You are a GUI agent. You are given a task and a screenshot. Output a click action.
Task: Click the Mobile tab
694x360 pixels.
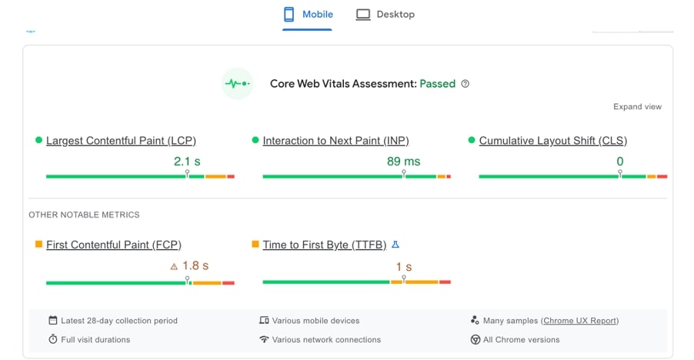(308, 15)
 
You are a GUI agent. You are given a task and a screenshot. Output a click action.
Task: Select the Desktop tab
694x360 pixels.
(385, 15)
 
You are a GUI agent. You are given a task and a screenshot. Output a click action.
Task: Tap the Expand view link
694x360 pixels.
(637, 107)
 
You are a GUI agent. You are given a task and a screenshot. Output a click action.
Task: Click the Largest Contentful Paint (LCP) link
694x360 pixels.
(121, 141)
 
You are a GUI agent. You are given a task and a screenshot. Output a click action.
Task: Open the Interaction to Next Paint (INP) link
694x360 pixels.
(335, 141)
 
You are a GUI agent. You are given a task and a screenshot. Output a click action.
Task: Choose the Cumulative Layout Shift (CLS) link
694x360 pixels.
(552, 141)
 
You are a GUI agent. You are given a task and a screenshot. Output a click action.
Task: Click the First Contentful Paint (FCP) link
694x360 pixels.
(113, 245)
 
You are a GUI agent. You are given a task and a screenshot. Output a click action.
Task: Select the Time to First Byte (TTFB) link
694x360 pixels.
(324, 245)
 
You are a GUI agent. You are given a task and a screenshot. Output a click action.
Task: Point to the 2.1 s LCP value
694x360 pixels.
(187, 162)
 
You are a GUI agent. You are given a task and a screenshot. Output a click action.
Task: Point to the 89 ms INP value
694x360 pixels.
(403, 162)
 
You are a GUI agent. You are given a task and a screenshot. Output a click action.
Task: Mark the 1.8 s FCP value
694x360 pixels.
(195, 266)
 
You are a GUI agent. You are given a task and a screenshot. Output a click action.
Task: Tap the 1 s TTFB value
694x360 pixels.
(404, 267)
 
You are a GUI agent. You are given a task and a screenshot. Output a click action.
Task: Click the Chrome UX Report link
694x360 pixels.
(580, 321)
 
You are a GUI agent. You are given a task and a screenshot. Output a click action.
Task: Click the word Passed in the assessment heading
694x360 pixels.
(437, 84)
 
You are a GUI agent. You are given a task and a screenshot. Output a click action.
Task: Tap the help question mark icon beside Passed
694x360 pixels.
(465, 84)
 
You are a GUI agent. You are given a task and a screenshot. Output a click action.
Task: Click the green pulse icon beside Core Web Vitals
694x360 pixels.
(237, 83)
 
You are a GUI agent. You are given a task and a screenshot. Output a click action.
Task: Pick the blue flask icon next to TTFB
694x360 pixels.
(395, 245)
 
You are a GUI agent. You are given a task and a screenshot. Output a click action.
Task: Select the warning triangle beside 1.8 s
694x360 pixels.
(174, 267)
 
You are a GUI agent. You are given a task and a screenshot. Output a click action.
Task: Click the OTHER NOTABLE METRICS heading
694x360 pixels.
(84, 215)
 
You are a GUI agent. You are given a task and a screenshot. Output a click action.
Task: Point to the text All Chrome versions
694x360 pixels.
(521, 339)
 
